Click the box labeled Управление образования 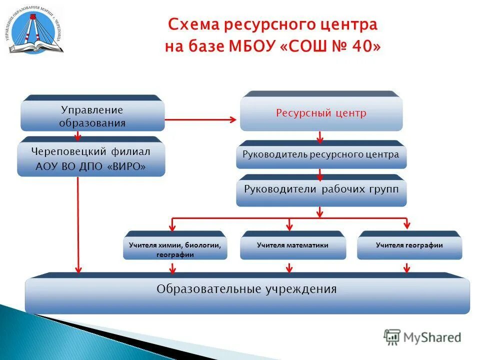click(x=92, y=116)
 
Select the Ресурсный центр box click(x=321, y=113)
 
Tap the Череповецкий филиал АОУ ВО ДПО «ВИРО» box click(x=91, y=158)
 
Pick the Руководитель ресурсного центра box click(x=321, y=154)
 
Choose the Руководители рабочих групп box click(x=321, y=190)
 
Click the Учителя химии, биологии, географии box click(x=175, y=249)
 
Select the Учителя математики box click(x=292, y=245)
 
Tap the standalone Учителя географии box click(x=409, y=245)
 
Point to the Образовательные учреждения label click(x=246, y=289)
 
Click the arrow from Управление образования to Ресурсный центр click(x=200, y=119)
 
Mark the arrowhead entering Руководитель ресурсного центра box click(x=320, y=139)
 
